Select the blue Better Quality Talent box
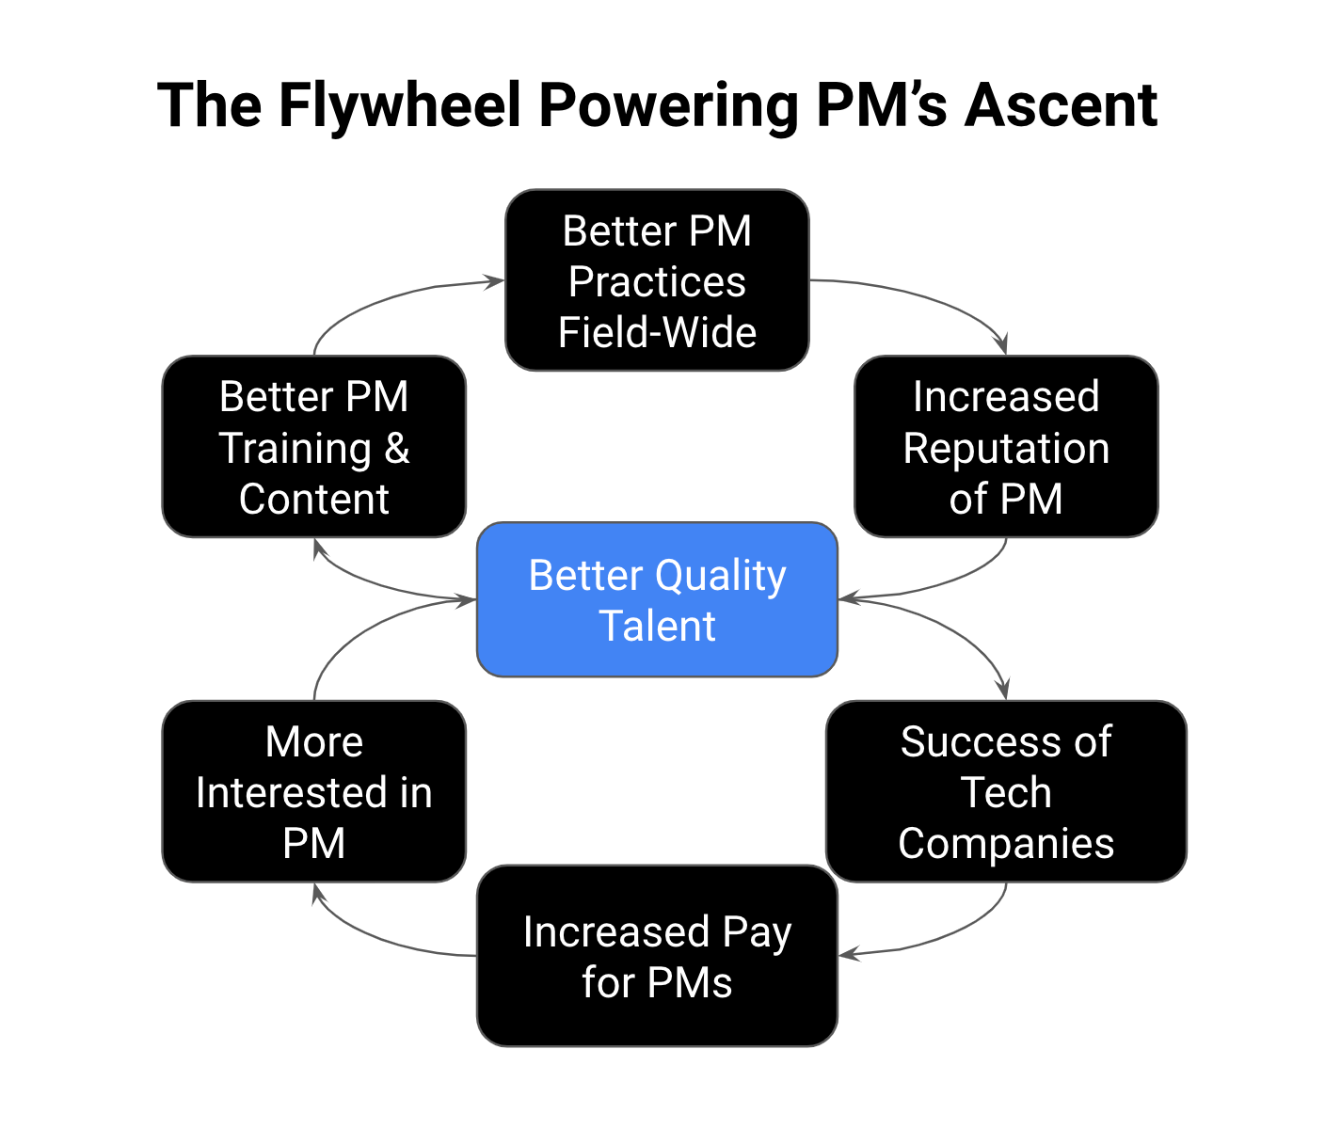pos(657,599)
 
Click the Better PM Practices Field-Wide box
pos(657,280)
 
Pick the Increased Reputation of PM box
pos(1005,447)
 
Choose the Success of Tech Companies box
pos(1005,791)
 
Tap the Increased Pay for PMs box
pos(657,956)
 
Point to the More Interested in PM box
pos(313,791)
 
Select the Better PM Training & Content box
pos(313,447)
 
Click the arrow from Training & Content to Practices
pos(376,296)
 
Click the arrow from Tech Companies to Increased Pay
pos(950,936)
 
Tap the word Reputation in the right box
pos(1005,448)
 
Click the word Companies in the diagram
pos(1005,843)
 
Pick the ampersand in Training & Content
pos(397,448)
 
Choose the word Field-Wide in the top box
pos(657,332)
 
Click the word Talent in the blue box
pos(657,626)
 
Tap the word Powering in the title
pos(668,105)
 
